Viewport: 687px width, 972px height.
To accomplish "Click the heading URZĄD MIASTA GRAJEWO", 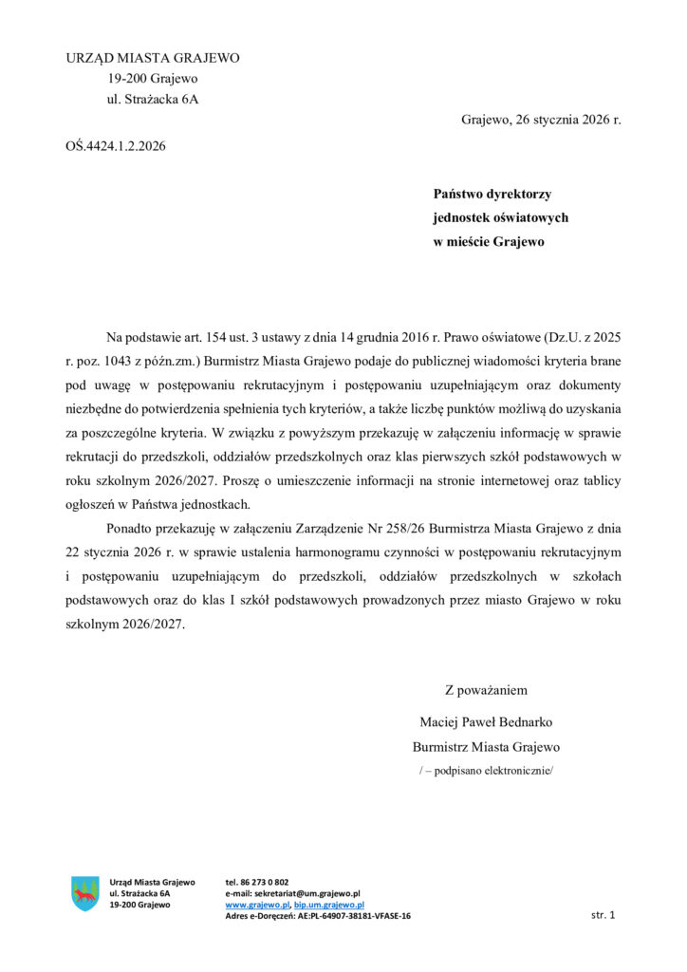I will pos(153,58).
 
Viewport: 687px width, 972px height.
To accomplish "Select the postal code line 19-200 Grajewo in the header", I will pos(152,79).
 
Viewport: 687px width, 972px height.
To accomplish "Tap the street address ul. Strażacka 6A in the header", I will pos(153,99).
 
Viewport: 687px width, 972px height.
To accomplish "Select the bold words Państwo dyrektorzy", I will pos(492,194).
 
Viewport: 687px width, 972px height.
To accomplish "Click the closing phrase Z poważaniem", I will pos(486,690).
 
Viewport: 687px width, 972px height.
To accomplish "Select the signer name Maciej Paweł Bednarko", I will pos(486,721).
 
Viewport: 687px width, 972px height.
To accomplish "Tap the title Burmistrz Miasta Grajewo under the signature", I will pos(486,746).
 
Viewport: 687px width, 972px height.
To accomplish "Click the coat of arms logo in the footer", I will pos(85,893).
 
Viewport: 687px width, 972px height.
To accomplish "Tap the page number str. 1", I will pos(603,915).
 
